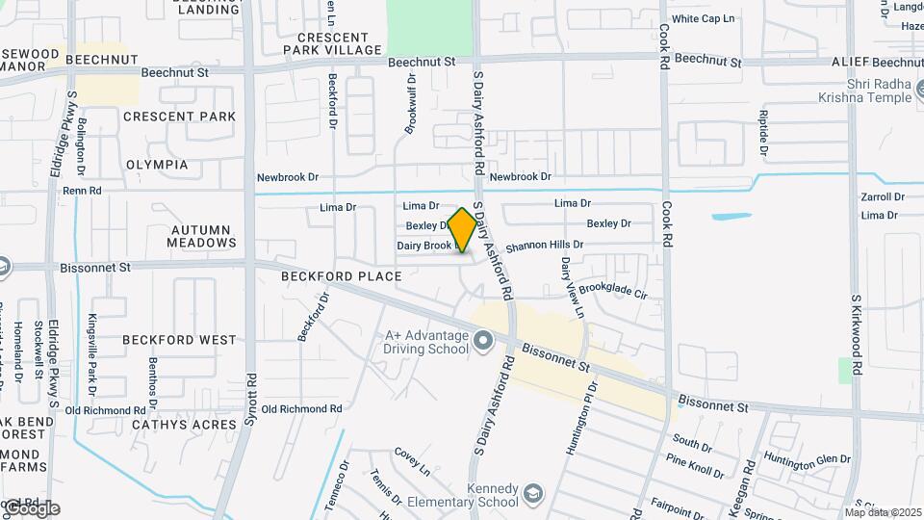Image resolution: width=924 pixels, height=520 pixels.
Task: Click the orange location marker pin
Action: tap(462, 229)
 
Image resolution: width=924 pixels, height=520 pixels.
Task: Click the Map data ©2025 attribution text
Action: tap(883, 511)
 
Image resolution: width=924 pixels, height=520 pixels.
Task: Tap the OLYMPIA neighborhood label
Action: tap(157, 165)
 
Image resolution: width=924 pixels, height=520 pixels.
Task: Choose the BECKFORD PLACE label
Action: tap(341, 276)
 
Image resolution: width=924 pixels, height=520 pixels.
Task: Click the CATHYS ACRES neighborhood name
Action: tap(170, 424)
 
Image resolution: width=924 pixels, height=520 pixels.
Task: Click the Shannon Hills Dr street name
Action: tap(545, 246)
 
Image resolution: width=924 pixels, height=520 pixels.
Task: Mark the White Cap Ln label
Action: tap(703, 18)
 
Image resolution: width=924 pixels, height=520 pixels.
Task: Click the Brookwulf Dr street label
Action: tap(411, 103)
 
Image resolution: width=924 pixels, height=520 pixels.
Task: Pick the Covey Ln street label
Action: tap(412, 459)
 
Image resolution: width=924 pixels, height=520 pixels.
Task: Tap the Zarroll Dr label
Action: tap(883, 196)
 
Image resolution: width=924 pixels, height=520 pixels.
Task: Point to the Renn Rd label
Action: tap(82, 191)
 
